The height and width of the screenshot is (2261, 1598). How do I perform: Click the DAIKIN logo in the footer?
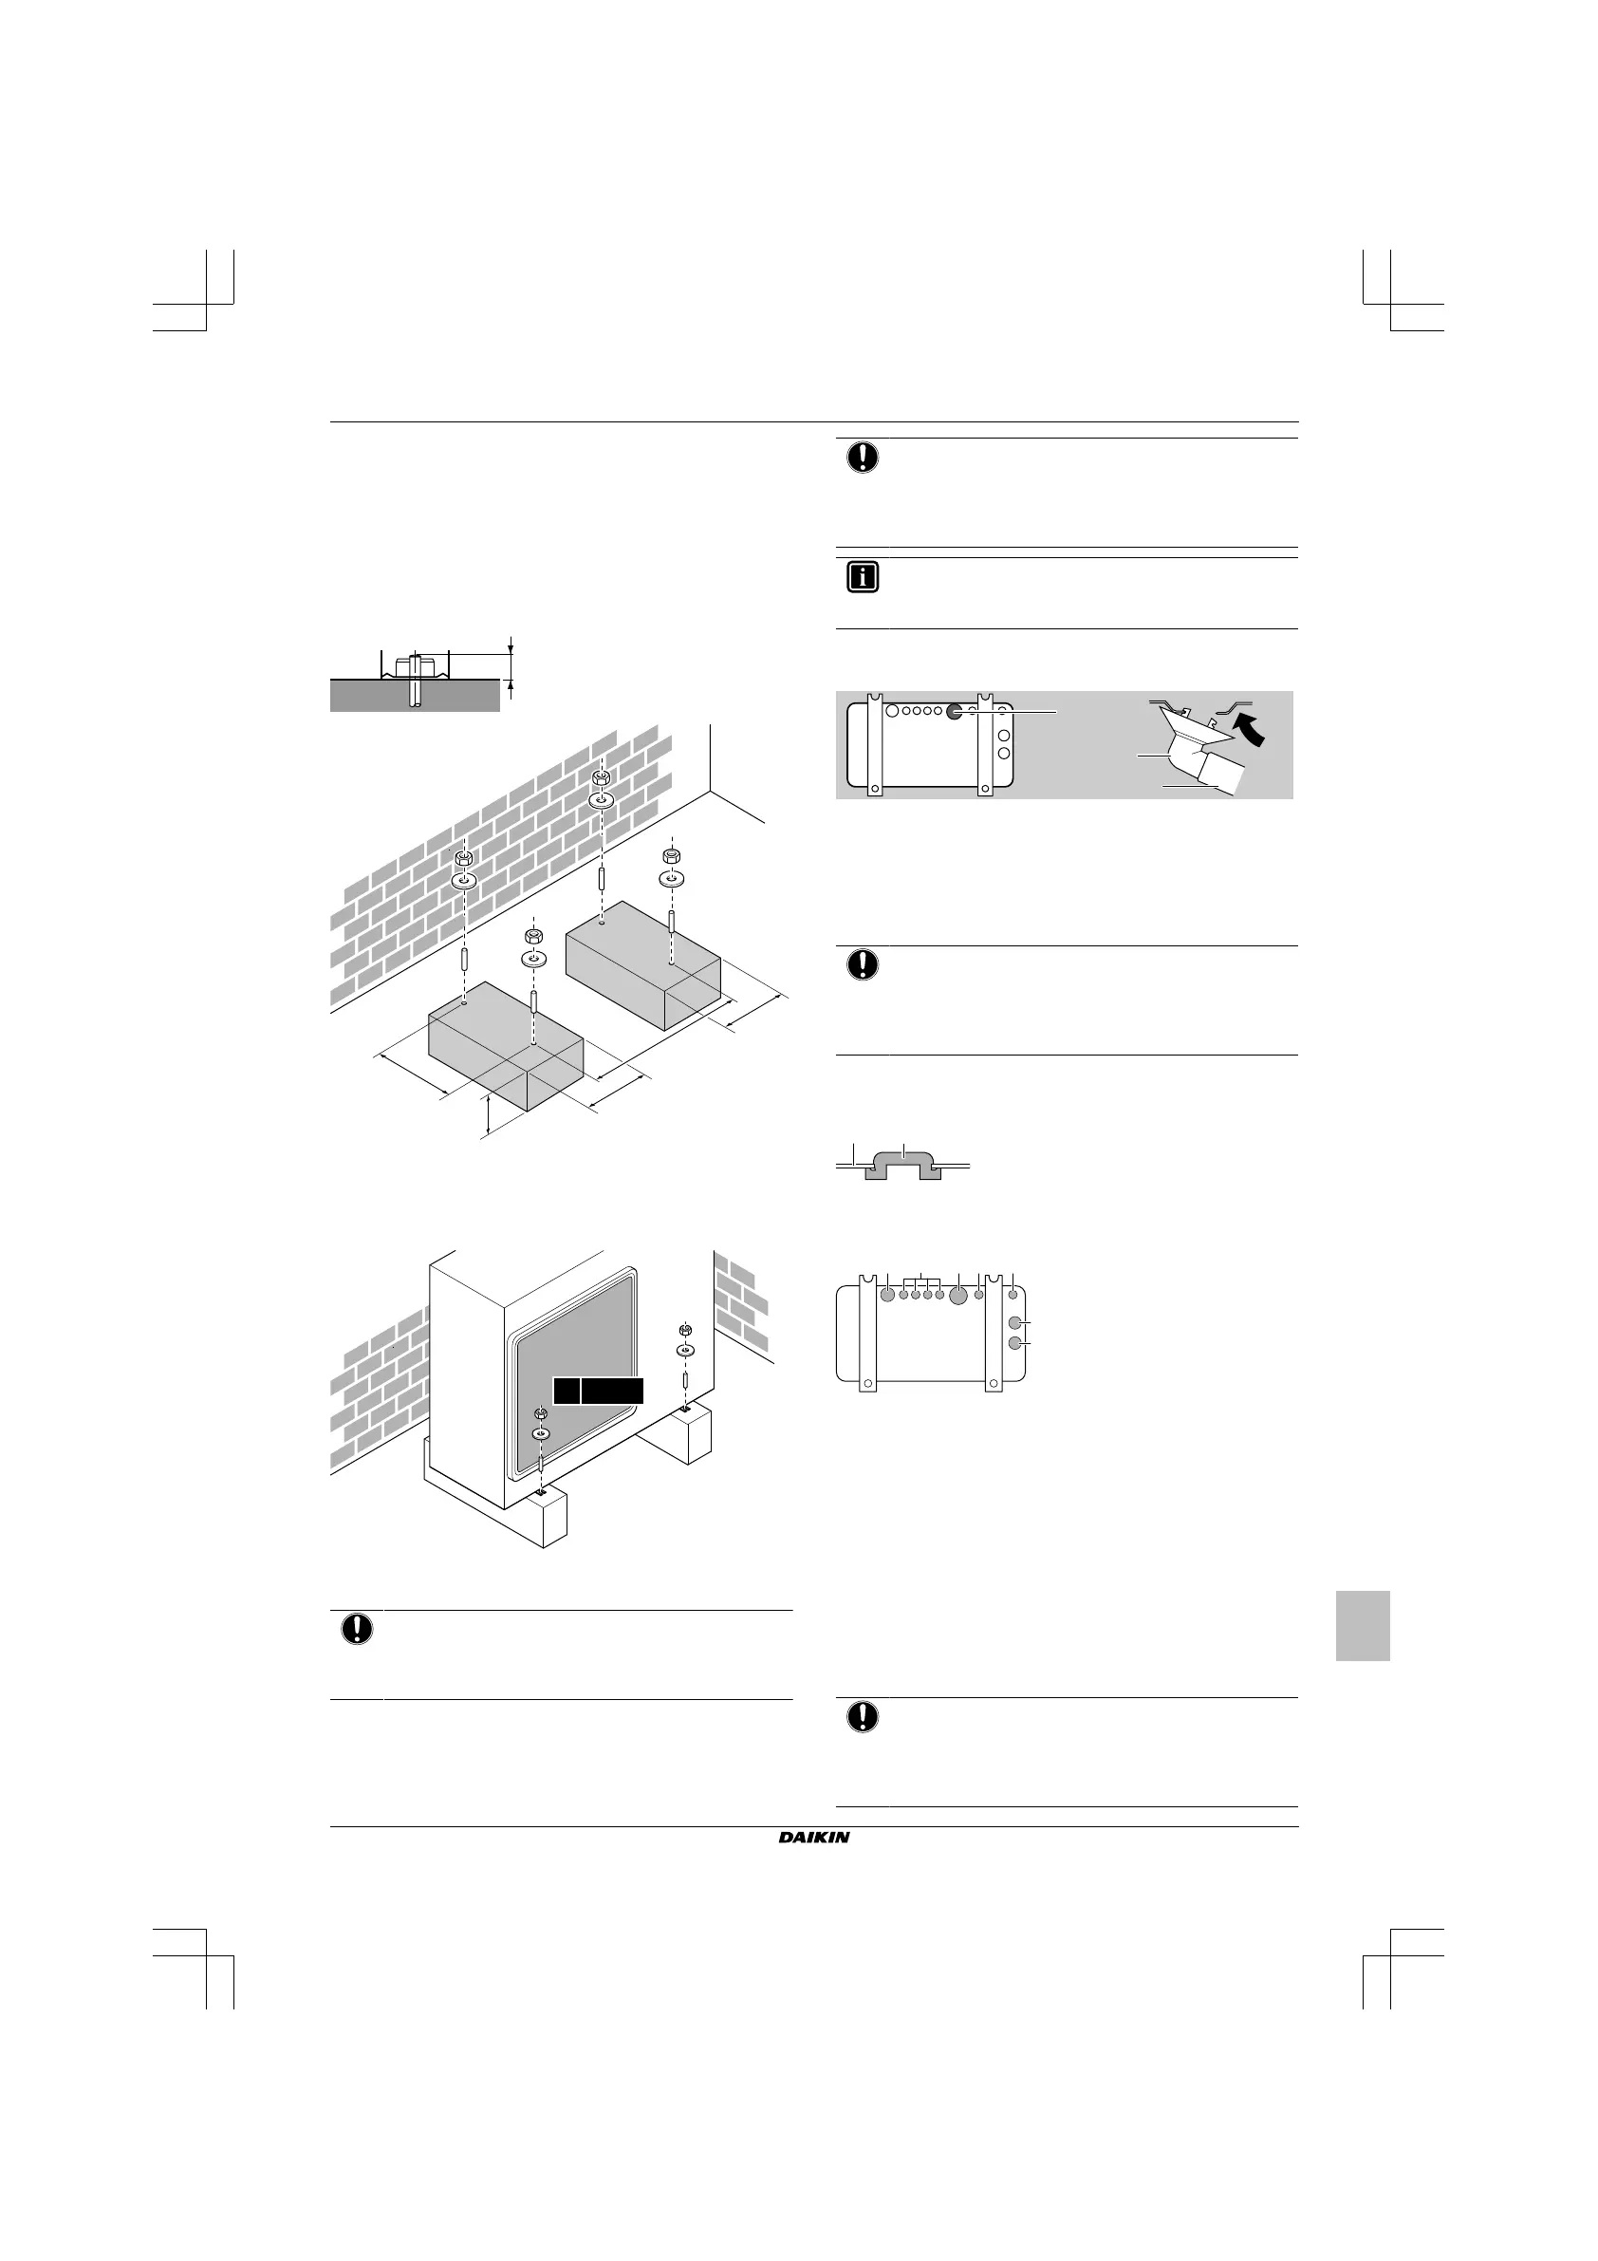(x=813, y=1838)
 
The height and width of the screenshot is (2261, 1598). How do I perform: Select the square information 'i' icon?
(x=862, y=578)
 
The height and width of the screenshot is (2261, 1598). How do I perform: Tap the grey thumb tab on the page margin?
(x=1362, y=1625)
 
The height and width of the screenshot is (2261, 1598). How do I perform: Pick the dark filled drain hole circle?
(x=953, y=711)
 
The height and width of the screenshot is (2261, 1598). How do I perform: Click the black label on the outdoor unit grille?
(x=598, y=1390)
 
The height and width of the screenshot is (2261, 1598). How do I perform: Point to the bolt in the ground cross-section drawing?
(x=415, y=680)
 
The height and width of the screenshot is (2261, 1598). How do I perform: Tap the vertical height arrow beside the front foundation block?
(x=489, y=1112)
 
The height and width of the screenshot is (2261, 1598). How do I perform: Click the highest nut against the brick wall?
(x=601, y=779)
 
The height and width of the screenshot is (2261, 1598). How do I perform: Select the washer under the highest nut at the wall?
(x=601, y=800)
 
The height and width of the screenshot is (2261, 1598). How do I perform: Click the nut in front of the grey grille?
(x=540, y=1415)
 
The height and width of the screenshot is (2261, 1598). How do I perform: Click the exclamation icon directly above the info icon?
(x=862, y=458)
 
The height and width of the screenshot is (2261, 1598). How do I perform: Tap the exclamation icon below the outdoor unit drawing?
(x=357, y=1629)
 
